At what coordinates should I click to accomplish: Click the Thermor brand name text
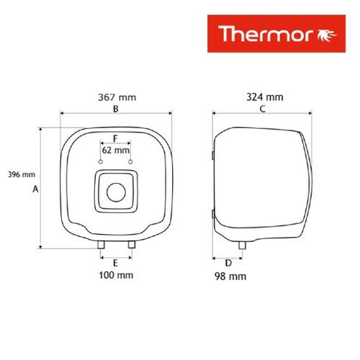(266, 34)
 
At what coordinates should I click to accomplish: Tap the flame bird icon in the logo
(328, 35)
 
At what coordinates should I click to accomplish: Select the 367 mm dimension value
(117, 97)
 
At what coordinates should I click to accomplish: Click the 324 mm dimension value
(265, 97)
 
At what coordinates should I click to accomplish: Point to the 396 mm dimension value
(22, 174)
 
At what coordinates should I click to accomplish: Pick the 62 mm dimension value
(116, 150)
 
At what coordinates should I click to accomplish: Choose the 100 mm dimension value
(116, 275)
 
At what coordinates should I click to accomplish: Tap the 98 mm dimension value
(230, 276)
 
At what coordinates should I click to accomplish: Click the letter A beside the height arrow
(35, 189)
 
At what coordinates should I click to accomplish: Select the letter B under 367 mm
(116, 109)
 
